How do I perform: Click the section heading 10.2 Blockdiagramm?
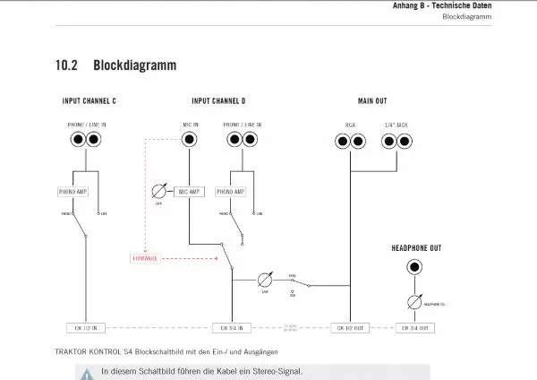[x=115, y=66]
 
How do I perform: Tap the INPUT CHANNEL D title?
[x=218, y=100]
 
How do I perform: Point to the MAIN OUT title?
[x=372, y=100]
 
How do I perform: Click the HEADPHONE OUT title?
[x=416, y=247]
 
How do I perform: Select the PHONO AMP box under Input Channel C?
[x=73, y=192]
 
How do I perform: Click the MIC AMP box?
[x=190, y=192]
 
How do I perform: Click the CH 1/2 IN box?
[x=85, y=328]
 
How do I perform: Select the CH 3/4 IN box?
[x=231, y=328]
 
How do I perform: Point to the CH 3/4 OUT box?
[x=415, y=328]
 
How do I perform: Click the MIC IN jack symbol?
[x=190, y=140]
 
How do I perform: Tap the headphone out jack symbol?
[x=415, y=267]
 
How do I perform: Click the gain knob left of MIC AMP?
[x=159, y=191]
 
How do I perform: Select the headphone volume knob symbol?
[x=415, y=301]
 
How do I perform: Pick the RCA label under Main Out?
[x=350, y=124]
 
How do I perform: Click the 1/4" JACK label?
[x=395, y=124]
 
